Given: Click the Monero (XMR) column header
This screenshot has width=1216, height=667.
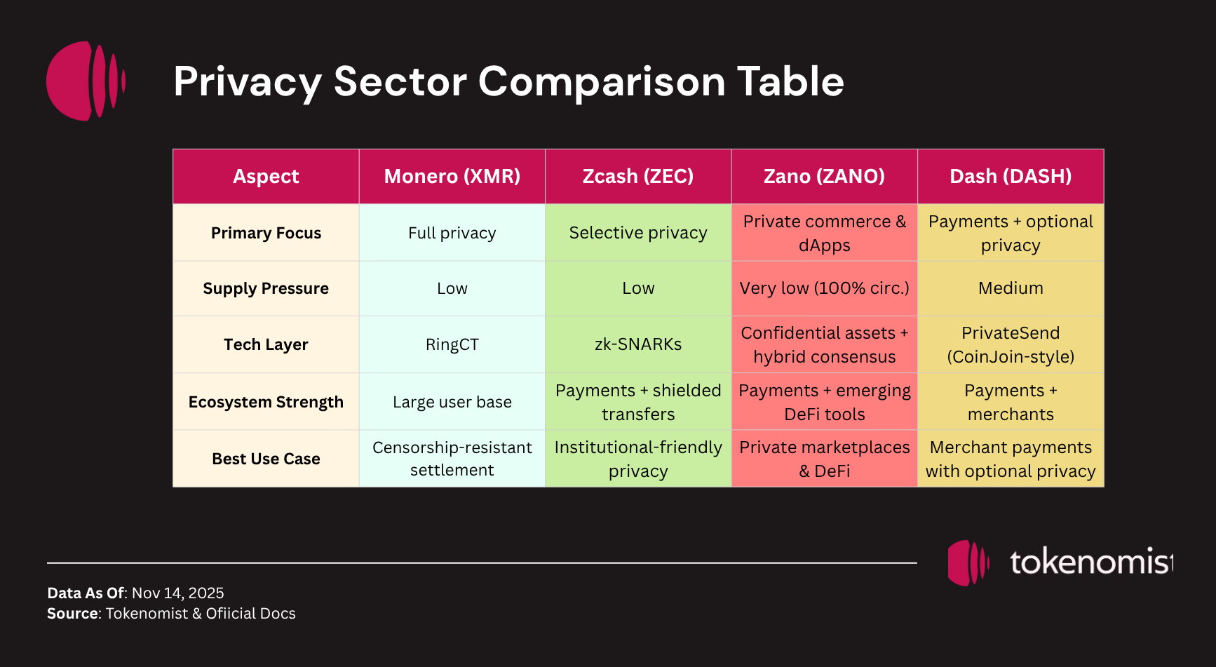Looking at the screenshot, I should (x=452, y=176).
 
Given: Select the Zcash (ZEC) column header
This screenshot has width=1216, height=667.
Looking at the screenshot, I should (x=637, y=176).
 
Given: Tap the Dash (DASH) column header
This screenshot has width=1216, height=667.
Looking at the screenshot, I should (x=1010, y=176).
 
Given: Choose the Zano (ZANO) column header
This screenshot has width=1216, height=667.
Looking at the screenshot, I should (x=824, y=176).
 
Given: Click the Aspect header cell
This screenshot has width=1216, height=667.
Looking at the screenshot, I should (x=266, y=176).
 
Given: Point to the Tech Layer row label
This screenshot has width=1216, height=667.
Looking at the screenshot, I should (x=266, y=344).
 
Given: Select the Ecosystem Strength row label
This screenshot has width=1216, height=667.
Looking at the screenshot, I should (x=266, y=402).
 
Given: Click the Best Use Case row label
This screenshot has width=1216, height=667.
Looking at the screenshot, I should (x=266, y=459).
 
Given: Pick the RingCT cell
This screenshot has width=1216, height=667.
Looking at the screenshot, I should (x=452, y=344).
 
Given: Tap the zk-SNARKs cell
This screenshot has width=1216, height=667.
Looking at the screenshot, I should (x=637, y=344).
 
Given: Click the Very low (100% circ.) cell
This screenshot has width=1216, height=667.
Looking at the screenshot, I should (x=824, y=288).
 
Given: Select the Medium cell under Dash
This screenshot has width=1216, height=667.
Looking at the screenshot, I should (x=1010, y=288).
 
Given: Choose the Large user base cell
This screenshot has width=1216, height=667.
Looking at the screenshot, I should (x=452, y=402).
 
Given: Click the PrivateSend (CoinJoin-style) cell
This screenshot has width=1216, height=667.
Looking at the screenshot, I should (x=1010, y=344).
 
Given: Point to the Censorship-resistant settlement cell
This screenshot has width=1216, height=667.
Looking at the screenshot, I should (x=452, y=459).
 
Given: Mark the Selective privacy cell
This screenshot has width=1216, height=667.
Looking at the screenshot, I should (x=637, y=233).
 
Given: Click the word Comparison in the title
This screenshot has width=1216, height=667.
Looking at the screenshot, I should (x=601, y=82).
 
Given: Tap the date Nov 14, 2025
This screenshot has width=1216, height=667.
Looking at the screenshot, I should (x=177, y=593).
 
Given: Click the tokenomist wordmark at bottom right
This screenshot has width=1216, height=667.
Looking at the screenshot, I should (x=1090, y=562).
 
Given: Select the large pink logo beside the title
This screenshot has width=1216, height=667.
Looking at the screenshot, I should (x=85, y=81).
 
